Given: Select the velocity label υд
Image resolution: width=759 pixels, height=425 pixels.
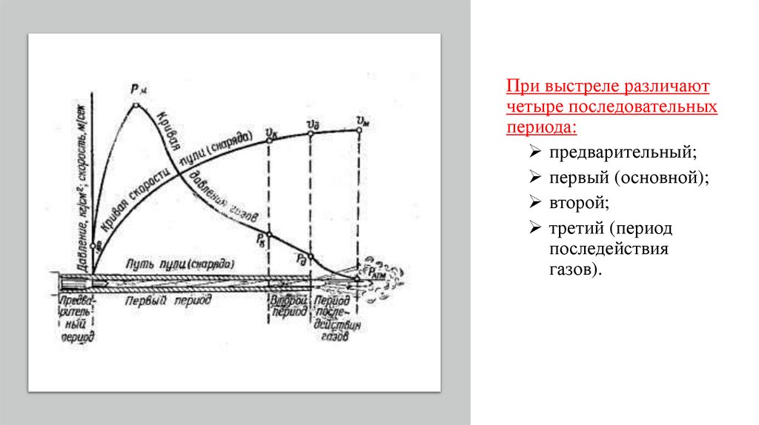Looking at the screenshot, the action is [311, 123].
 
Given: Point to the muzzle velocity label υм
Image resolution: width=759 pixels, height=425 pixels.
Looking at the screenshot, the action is [362, 121].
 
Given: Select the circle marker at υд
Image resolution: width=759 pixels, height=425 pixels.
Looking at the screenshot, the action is [310, 134].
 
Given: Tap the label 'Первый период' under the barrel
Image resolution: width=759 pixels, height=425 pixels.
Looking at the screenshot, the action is [168, 301].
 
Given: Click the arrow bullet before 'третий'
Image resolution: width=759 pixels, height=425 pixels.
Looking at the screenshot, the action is [534, 227].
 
